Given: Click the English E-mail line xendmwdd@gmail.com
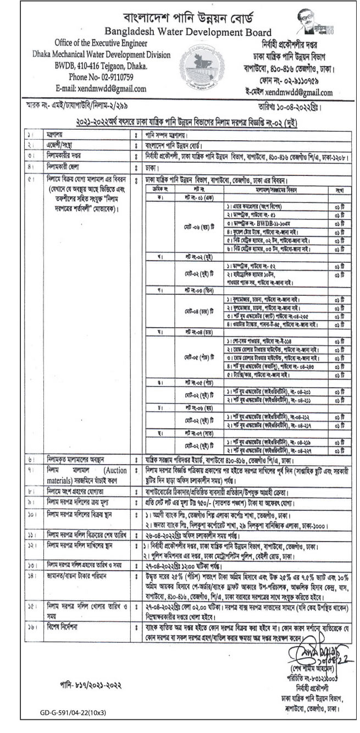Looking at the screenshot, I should click(x=101, y=88).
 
